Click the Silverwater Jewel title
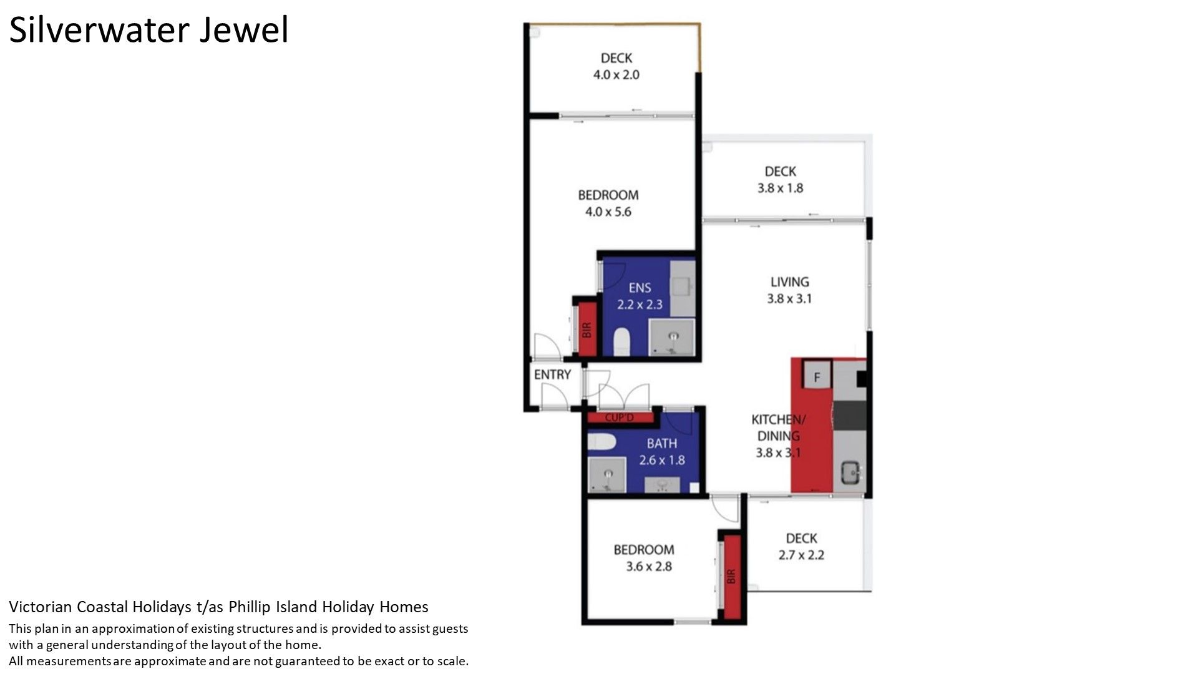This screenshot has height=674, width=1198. [149, 31]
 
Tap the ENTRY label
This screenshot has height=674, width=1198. [552, 374]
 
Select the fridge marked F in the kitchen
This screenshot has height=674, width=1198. [817, 377]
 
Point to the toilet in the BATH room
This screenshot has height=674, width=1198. [602, 442]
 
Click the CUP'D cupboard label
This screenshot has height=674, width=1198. [619, 418]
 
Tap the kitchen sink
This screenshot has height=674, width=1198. [850, 473]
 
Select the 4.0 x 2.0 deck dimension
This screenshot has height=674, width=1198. [616, 75]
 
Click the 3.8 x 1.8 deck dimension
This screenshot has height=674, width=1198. [780, 188]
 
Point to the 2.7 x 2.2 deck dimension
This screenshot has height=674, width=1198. [801, 555]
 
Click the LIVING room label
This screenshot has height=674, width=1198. [789, 282]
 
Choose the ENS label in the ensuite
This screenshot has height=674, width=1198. [640, 288]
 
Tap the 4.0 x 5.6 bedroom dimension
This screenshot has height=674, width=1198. [608, 212]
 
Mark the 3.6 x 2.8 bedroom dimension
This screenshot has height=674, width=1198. [648, 567]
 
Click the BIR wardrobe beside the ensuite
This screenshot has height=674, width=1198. [586, 330]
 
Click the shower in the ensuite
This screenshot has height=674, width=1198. [672, 338]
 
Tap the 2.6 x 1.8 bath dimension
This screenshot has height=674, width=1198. [661, 460]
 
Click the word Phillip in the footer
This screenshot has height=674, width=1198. [251, 607]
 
